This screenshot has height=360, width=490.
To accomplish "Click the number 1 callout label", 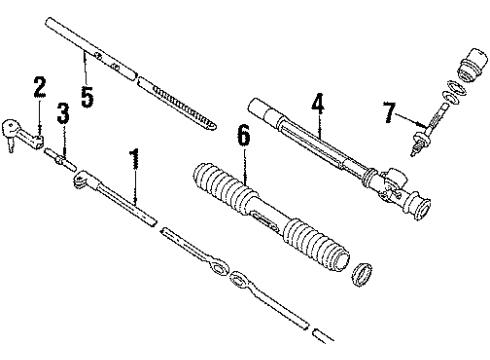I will coord(133,160).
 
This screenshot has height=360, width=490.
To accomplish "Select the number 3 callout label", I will coord(62,112).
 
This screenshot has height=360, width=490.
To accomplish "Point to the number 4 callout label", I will coord(317,102).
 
